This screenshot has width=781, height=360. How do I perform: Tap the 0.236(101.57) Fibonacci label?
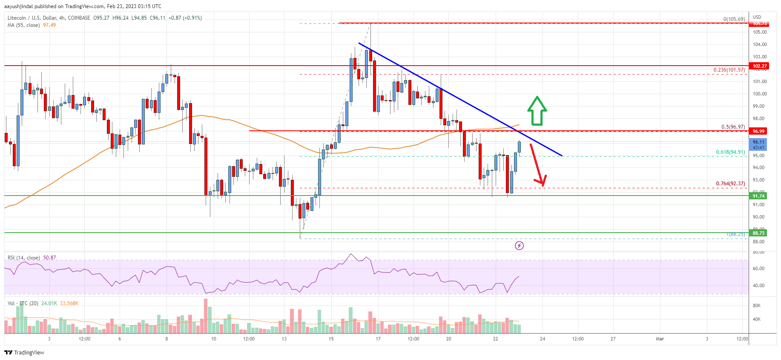[x=729, y=70]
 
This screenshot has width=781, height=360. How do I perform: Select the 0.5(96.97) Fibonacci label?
[x=733, y=127]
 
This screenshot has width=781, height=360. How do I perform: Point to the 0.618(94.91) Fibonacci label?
[x=730, y=152]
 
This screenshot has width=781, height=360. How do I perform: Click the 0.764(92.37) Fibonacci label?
[x=730, y=184]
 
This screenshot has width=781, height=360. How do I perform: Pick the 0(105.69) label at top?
[x=734, y=19]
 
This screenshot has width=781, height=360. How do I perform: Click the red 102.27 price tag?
[x=759, y=66]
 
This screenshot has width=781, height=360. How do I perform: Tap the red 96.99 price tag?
[x=758, y=131]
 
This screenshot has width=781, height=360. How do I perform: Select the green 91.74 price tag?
[x=758, y=196]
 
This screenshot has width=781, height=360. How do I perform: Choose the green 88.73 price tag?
[x=758, y=233]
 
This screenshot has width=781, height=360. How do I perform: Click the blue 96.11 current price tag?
[x=758, y=142]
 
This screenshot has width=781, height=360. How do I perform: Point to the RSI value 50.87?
[x=49, y=258]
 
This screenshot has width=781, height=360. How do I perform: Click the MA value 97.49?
[x=49, y=25]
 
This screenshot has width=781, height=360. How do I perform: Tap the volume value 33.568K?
[x=69, y=303]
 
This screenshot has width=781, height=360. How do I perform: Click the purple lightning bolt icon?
[x=519, y=245]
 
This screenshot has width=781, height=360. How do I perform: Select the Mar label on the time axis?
[x=660, y=339]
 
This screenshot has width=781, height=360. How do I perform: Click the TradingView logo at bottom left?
[x=24, y=352]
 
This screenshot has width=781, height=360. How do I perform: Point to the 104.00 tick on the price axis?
[x=760, y=44]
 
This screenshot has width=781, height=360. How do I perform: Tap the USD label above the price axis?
[x=757, y=17]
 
